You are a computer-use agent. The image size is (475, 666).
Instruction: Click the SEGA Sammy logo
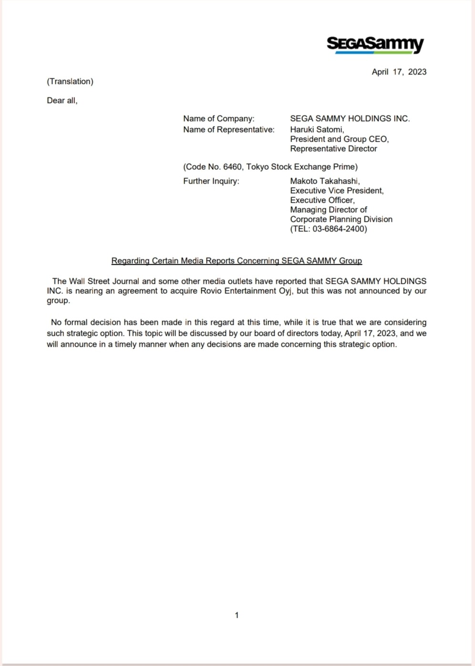[x=375, y=44]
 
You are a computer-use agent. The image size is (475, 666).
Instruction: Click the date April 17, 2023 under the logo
[x=399, y=72]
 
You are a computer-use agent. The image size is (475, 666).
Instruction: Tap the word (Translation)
[x=70, y=82]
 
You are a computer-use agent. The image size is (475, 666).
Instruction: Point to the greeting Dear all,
[x=62, y=101]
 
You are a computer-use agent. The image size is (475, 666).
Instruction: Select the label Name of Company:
[x=219, y=119]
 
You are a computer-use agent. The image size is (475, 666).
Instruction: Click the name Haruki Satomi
[x=317, y=130]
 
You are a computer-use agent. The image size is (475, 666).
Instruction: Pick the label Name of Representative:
[x=229, y=130]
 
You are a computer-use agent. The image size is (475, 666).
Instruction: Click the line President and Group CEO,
[x=340, y=139]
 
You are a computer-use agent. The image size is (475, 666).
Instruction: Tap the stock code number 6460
[x=232, y=167]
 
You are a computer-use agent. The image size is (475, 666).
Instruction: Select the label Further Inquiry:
[x=211, y=181]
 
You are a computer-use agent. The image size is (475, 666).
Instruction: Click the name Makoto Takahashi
[x=324, y=181]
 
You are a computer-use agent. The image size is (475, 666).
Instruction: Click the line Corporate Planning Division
[x=341, y=219]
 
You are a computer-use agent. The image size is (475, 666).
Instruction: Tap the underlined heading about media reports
[x=237, y=261]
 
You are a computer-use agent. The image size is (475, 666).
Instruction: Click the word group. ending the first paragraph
[x=58, y=301]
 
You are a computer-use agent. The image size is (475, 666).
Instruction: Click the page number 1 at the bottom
[x=237, y=615]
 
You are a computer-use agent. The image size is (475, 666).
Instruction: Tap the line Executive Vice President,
[x=337, y=191]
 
